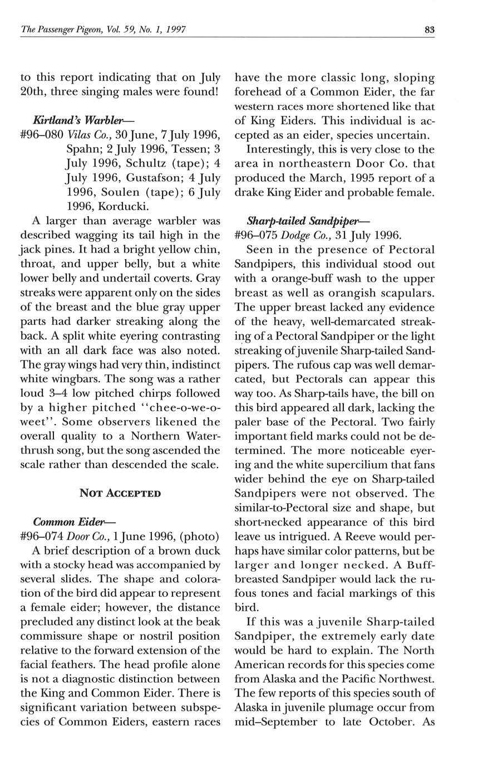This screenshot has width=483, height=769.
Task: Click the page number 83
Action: pos(429,30)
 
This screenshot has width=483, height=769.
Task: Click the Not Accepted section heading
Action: pos(120,493)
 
